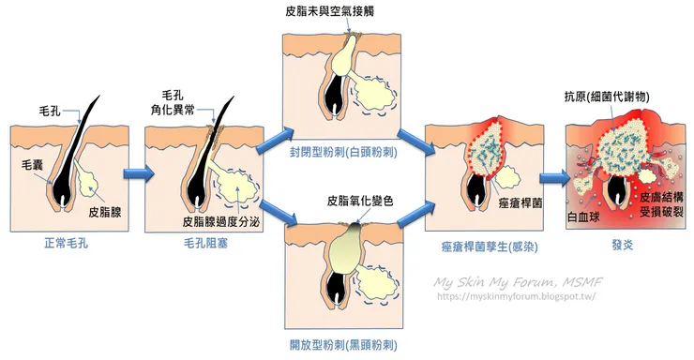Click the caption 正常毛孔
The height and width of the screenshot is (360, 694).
(68, 245)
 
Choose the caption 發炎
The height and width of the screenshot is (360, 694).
(620, 246)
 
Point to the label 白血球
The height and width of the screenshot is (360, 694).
(587, 218)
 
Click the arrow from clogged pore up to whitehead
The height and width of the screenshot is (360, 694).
(275, 143)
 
